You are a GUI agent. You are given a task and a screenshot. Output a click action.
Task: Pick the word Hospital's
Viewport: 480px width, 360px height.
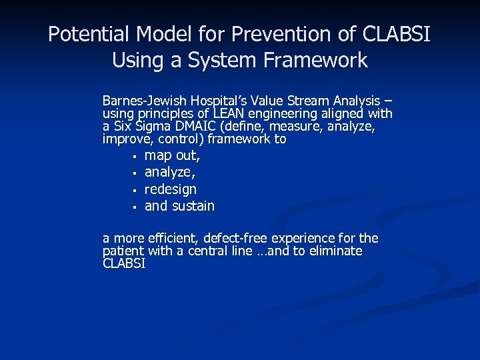(x=214, y=101)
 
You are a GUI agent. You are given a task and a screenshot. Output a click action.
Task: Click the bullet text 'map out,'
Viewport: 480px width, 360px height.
(x=172, y=156)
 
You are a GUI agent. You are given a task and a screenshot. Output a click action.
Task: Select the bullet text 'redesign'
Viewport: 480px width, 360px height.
(x=171, y=189)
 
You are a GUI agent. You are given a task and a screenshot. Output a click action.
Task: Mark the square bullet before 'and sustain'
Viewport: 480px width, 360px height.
(x=134, y=207)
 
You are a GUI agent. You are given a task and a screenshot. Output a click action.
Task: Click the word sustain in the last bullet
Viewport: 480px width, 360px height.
(x=193, y=206)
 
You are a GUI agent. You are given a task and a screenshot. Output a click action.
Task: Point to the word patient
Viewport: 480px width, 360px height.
(x=123, y=251)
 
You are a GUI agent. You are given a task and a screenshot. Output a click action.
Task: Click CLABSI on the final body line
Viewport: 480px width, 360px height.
(x=124, y=264)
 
